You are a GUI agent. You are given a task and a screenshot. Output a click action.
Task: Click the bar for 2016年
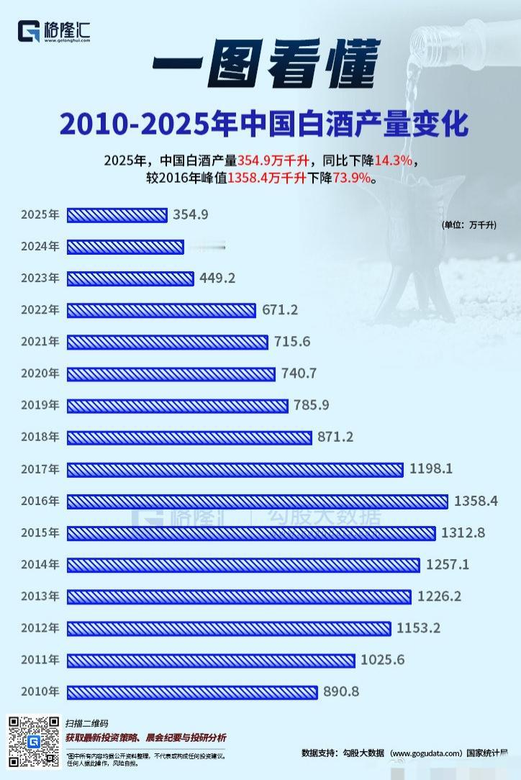click(x=257, y=501)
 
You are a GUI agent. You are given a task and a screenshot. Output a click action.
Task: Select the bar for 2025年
click(x=117, y=214)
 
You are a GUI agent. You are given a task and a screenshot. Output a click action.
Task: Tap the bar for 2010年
click(x=191, y=692)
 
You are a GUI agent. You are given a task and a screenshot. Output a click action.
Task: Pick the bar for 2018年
click(x=189, y=437)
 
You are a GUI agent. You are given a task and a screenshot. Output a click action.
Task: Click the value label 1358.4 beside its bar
click(x=476, y=501)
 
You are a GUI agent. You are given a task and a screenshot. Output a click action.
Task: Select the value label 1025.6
click(x=385, y=660)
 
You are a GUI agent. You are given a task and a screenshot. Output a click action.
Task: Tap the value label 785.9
click(x=312, y=406)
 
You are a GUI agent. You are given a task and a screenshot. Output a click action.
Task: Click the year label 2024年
click(x=40, y=247)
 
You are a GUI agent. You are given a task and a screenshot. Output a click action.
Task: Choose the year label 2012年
click(x=40, y=628)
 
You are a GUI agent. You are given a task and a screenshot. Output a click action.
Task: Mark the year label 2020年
click(x=40, y=373)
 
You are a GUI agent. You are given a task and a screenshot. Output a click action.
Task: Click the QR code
click(x=34, y=741)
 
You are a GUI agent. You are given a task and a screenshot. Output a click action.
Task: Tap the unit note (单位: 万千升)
click(x=469, y=225)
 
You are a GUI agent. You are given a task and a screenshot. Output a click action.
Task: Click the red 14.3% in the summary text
click(x=397, y=160)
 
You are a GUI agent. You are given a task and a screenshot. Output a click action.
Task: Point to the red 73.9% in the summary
click(x=358, y=178)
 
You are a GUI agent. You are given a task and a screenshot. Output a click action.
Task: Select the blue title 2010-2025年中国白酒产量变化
click(x=264, y=124)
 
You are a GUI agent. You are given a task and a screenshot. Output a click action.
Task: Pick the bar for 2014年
click(x=243, y=565)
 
